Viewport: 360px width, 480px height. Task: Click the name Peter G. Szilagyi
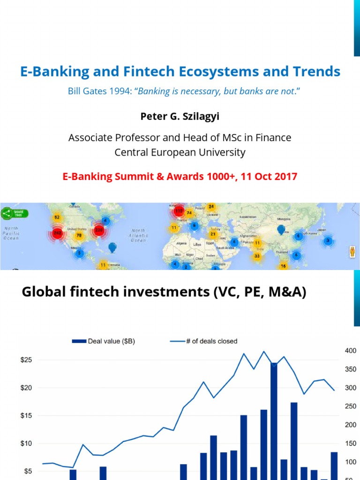coord(180,115)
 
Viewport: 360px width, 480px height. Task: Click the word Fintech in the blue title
coord(150,72)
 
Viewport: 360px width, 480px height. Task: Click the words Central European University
coord(180,152)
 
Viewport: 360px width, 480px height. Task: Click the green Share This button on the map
coord(15,213)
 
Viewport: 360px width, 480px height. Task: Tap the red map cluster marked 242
coord(58,233)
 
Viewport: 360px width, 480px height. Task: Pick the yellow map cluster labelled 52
coord(57,217)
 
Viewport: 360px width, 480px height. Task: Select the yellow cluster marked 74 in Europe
coord(189,213)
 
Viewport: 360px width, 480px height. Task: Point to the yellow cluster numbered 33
coord(257,256)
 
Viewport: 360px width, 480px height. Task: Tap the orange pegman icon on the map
coord(352,252)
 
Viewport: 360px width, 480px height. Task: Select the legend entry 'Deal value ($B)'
coord(104,341)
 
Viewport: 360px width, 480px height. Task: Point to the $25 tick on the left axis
coord(26,360)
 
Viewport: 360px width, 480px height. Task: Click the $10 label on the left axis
coord(26,443)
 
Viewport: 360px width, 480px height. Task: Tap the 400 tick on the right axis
coord(351,351)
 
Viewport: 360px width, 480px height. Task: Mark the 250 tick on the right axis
coord(351,406)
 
